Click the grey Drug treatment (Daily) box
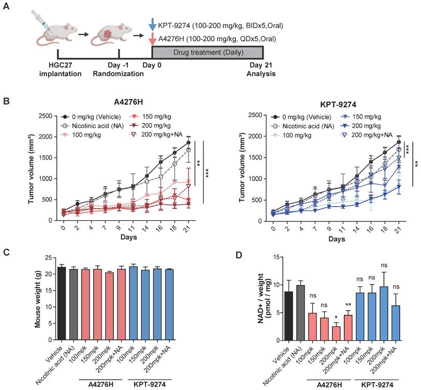pos(207,52)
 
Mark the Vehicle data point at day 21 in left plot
pos(188,142)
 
